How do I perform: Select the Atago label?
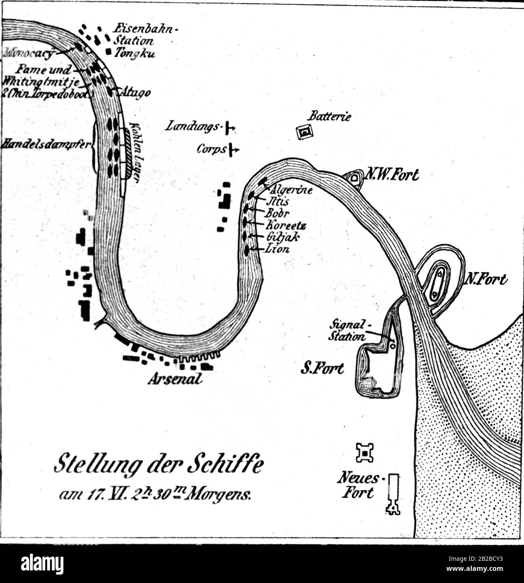136,92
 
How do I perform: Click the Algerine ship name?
293,190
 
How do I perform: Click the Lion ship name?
278,249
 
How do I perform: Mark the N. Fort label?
486,279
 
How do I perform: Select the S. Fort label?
322,369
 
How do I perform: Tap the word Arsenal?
174,378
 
